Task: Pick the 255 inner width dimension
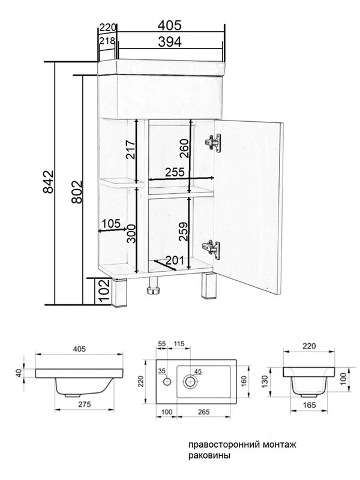[x=174, y=172]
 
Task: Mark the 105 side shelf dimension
[x=111, y=223]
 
